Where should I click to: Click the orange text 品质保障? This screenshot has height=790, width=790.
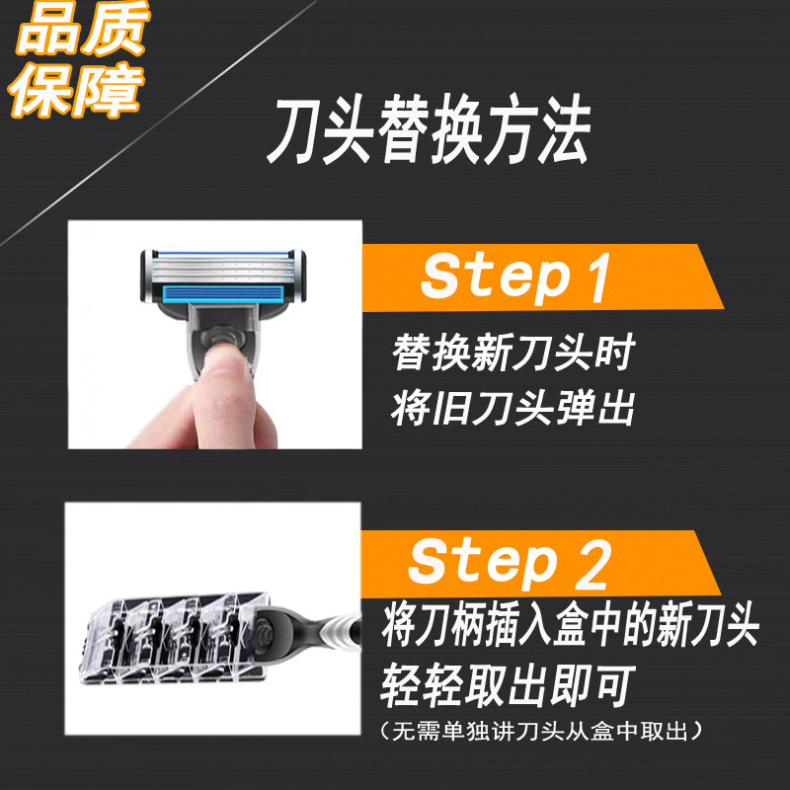78,59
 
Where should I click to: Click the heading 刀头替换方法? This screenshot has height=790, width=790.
429,129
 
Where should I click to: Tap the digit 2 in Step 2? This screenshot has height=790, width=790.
594,564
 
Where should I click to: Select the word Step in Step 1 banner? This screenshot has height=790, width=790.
497,278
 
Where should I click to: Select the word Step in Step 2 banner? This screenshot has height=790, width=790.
484,564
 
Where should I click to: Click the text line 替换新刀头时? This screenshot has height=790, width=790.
513,353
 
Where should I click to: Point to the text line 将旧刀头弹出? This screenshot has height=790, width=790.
513,407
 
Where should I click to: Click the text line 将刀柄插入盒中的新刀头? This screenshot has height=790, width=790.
571,625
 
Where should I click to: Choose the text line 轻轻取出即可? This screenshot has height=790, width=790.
508,685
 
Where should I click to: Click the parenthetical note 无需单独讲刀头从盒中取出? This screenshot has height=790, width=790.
540,731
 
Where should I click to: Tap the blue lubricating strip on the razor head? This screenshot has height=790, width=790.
224,293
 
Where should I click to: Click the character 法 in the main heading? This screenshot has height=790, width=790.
564,129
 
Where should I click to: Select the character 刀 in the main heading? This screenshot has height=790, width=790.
294,130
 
